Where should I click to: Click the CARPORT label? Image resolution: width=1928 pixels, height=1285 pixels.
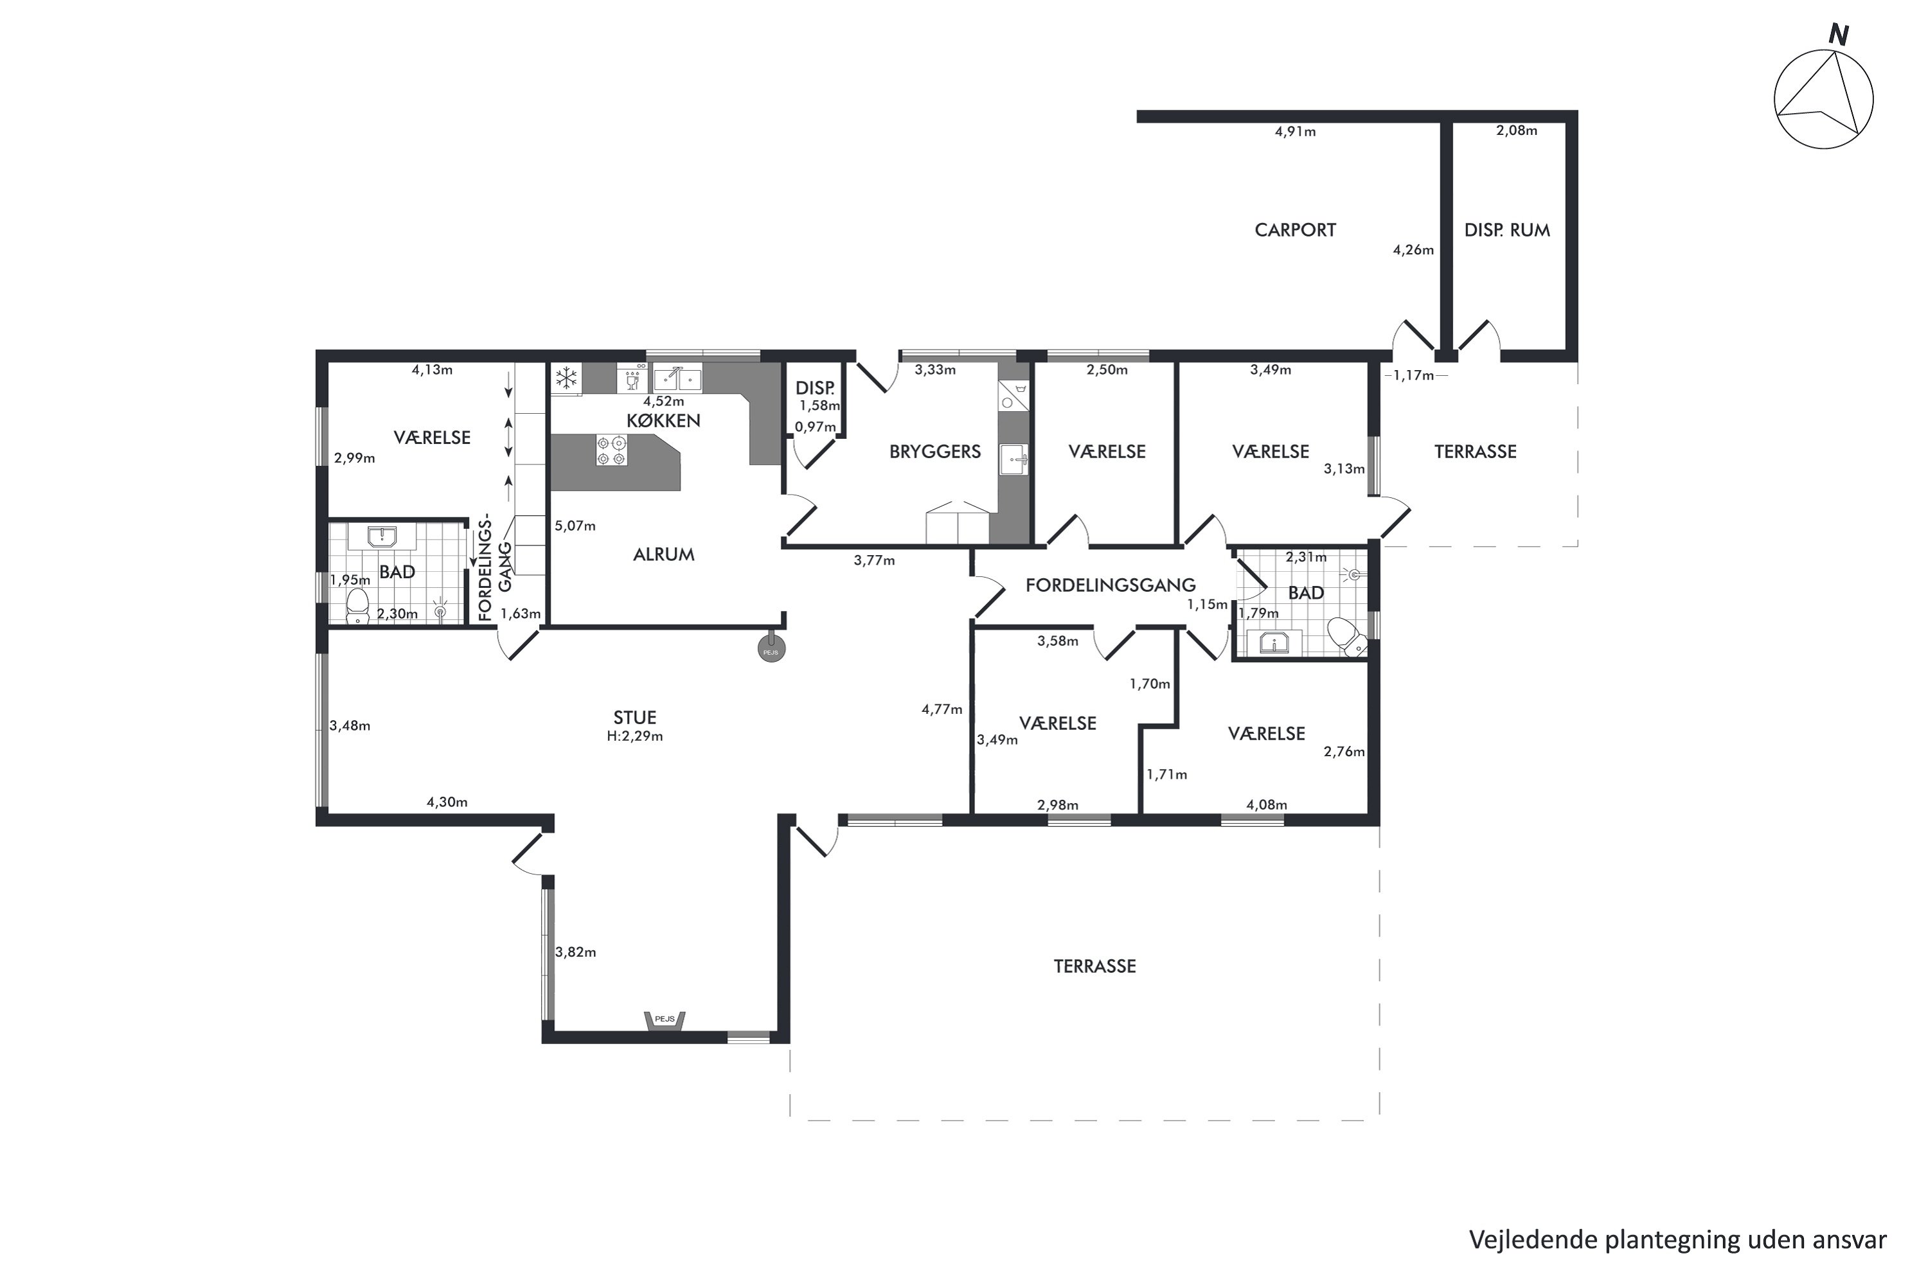pos(1295,230)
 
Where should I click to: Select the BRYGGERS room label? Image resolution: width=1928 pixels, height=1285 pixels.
pos(934,452)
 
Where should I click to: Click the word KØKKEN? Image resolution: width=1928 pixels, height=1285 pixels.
pos(663,420)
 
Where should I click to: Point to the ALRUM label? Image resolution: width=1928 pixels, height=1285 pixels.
pos(663,555)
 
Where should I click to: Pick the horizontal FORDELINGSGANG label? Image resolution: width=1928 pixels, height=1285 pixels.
pos(1110,585)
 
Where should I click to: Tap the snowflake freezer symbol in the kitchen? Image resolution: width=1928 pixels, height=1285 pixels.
pos(566,378)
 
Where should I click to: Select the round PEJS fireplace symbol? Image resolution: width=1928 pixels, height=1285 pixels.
pos(771,649)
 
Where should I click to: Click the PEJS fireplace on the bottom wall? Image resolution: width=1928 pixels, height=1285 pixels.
pos(665,1020)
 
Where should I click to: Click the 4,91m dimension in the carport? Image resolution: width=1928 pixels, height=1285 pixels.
pos(1295,132)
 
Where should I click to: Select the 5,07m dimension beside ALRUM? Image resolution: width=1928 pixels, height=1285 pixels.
pos(575,526)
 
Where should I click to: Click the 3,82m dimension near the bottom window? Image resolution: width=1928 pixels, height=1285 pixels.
pos(575,952)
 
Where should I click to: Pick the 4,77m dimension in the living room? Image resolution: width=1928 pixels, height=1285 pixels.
pos(942,710)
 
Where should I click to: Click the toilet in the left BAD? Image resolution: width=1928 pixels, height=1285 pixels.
pos(357,606)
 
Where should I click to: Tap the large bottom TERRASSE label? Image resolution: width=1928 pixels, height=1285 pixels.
pos(1094,966)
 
